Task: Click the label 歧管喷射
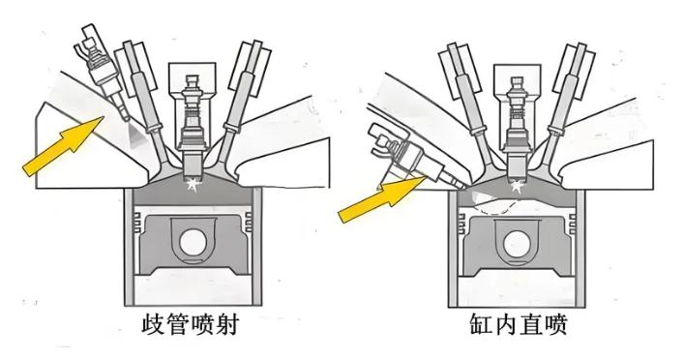click(191, 325)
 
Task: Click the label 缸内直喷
click(519, 325)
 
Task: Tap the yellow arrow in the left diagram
click(63, 147)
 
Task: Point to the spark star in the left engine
click(192, 184)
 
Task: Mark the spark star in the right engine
click(518, 187)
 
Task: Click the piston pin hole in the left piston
click(192, 243)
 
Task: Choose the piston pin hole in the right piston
click(517, 244)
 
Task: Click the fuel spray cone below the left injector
click(136, 136)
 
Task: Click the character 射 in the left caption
click(227, 325)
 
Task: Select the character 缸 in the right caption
click(481, 325)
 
